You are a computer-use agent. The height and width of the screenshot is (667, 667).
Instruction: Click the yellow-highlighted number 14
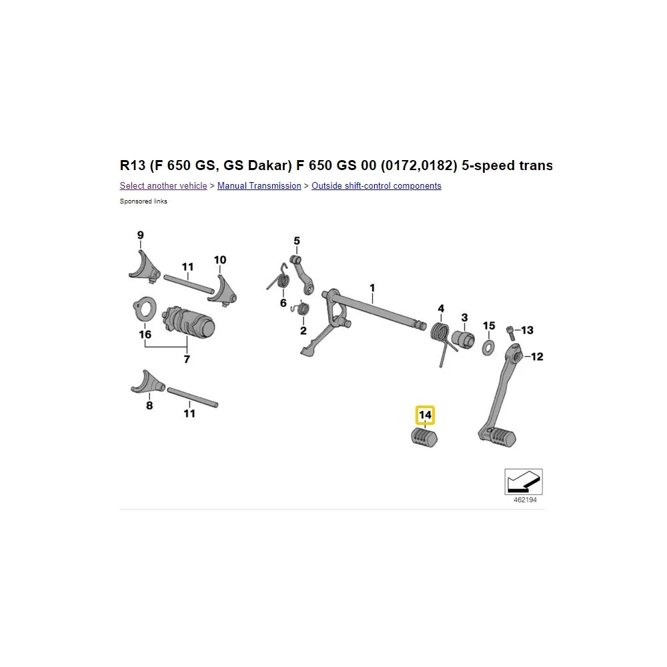point(425,416)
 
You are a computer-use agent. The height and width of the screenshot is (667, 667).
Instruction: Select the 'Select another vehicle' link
point(163,186)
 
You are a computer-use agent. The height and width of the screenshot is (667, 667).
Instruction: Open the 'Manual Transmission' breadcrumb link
point(259,186)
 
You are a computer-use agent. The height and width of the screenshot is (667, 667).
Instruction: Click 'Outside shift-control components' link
point(376,186)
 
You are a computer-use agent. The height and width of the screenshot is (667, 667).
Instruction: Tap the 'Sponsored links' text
point(143,201)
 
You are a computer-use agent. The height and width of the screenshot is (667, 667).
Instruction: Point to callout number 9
point(140,235)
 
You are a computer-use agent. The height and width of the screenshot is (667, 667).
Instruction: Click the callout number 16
point(145,335)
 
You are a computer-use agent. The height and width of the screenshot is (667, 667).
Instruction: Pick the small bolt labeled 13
point(511,330)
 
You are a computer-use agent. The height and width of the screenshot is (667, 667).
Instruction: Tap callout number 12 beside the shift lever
point(537,357)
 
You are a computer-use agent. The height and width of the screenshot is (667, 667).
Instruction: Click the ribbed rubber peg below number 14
point(423,438)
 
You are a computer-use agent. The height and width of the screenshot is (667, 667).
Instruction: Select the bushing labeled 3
point(464,338)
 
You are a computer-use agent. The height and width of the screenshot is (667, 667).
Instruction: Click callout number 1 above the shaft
point(372,288)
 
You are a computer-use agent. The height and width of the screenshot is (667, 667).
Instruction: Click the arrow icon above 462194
point(524,481)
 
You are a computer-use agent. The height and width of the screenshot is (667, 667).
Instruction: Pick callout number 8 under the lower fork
point(149,405)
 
